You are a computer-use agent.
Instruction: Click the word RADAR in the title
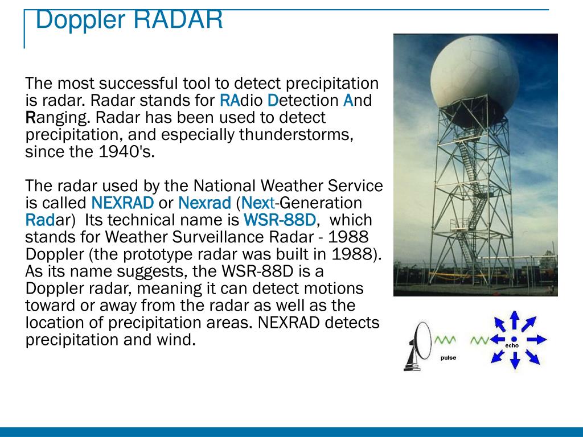click(178, 20)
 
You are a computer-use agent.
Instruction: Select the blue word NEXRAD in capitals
click(122, 203)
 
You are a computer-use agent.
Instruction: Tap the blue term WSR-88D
click(280, 220)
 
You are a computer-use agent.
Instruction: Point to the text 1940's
click(126, 151)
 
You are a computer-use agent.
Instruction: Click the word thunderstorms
click(296, 134)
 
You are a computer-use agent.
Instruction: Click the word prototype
click(158, 255)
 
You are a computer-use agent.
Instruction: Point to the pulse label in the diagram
click(448, 358)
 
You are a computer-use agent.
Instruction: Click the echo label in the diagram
click(512, 345)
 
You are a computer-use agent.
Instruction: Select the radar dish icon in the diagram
click(418, 347)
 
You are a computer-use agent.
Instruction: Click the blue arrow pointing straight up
click(514, 320)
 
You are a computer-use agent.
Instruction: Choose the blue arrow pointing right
click(536, 339)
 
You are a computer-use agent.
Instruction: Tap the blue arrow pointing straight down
click(515, 360)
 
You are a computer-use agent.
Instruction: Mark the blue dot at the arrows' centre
click(514, 339)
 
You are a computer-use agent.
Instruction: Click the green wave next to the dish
click(445, 340)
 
